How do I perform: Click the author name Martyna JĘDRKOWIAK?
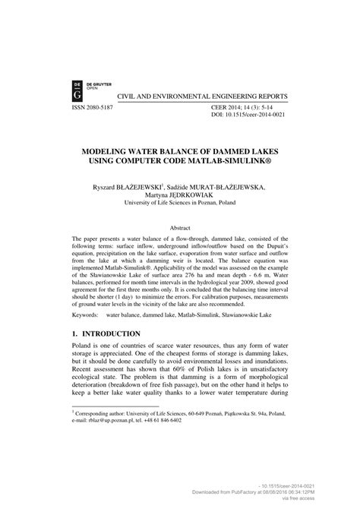(179, 194)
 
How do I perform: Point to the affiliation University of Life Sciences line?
(179, 203)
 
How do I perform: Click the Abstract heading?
(179, 227)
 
